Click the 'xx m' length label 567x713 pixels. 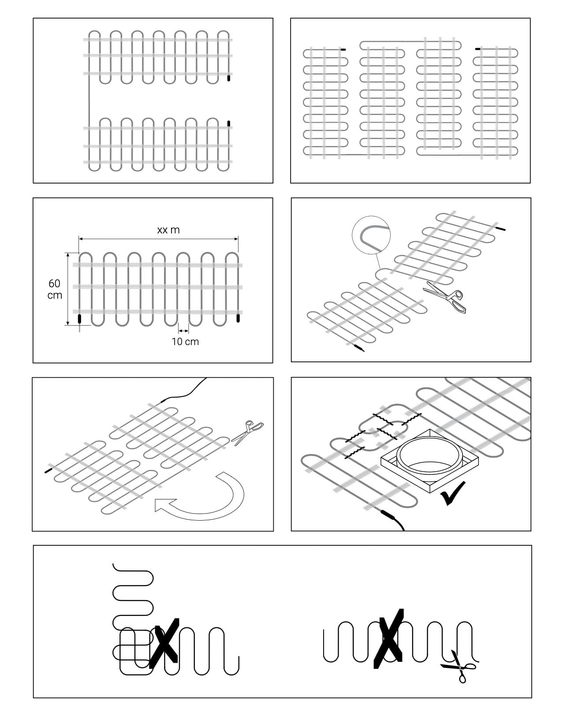pos(168,230)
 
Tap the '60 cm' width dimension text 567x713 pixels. pos(55,289)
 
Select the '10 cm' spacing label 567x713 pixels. pos(185,341)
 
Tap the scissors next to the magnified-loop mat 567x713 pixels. pos(445,296)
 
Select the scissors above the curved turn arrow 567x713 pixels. pos(247,433)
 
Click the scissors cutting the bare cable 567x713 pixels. pos(458,670)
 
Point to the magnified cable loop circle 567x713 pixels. pos(371,235)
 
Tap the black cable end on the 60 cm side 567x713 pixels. pos(79,319)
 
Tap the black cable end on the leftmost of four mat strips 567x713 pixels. pos(343,49)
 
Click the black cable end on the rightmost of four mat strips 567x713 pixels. pos(477,49)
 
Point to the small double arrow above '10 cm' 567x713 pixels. pos(183,330)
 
